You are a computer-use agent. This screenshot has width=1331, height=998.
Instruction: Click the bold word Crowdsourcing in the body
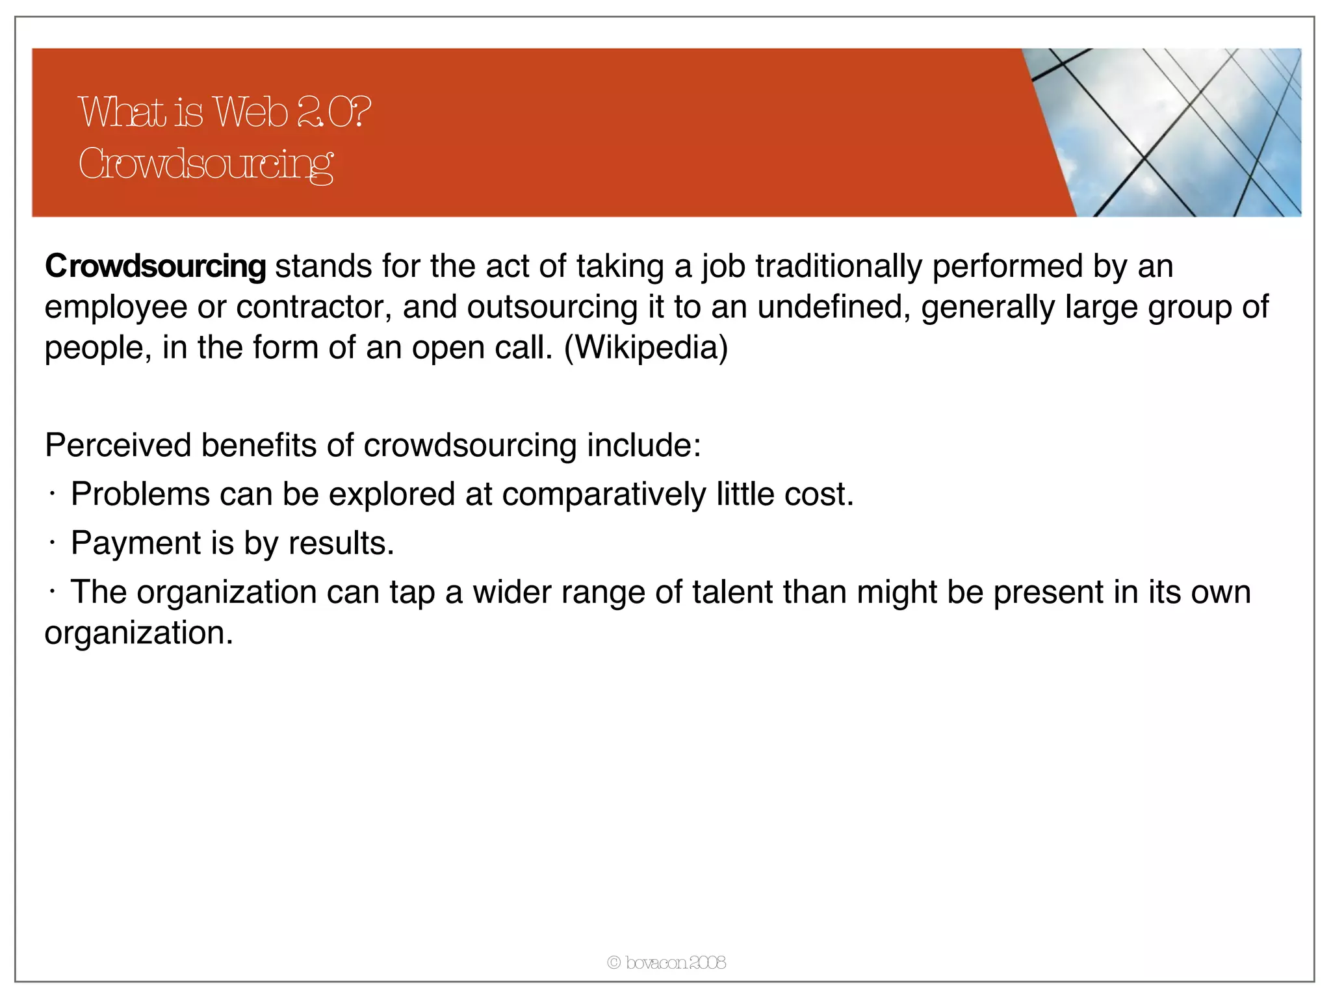tap(155, 266)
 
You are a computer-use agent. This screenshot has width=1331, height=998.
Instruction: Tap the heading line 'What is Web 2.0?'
tap(224, 112)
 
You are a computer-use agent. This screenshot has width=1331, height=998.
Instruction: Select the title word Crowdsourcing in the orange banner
tap(205, 164)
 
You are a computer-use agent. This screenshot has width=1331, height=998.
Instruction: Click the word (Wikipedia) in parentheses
tap(646, 348)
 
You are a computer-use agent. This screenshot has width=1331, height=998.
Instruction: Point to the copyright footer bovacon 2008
tap(666, 962)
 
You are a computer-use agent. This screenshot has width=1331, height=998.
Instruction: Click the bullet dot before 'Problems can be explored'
tap(51, 495)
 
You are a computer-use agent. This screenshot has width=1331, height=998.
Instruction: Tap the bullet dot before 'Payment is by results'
tap(51, 544)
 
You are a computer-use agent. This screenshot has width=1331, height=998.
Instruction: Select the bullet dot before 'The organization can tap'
tap(51, 593)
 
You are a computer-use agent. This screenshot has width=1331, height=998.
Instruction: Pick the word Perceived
tap(118, 446)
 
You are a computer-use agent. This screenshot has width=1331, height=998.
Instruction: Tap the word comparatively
tap(604, 495)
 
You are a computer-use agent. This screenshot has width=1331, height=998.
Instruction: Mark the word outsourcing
tap(552, 307)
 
